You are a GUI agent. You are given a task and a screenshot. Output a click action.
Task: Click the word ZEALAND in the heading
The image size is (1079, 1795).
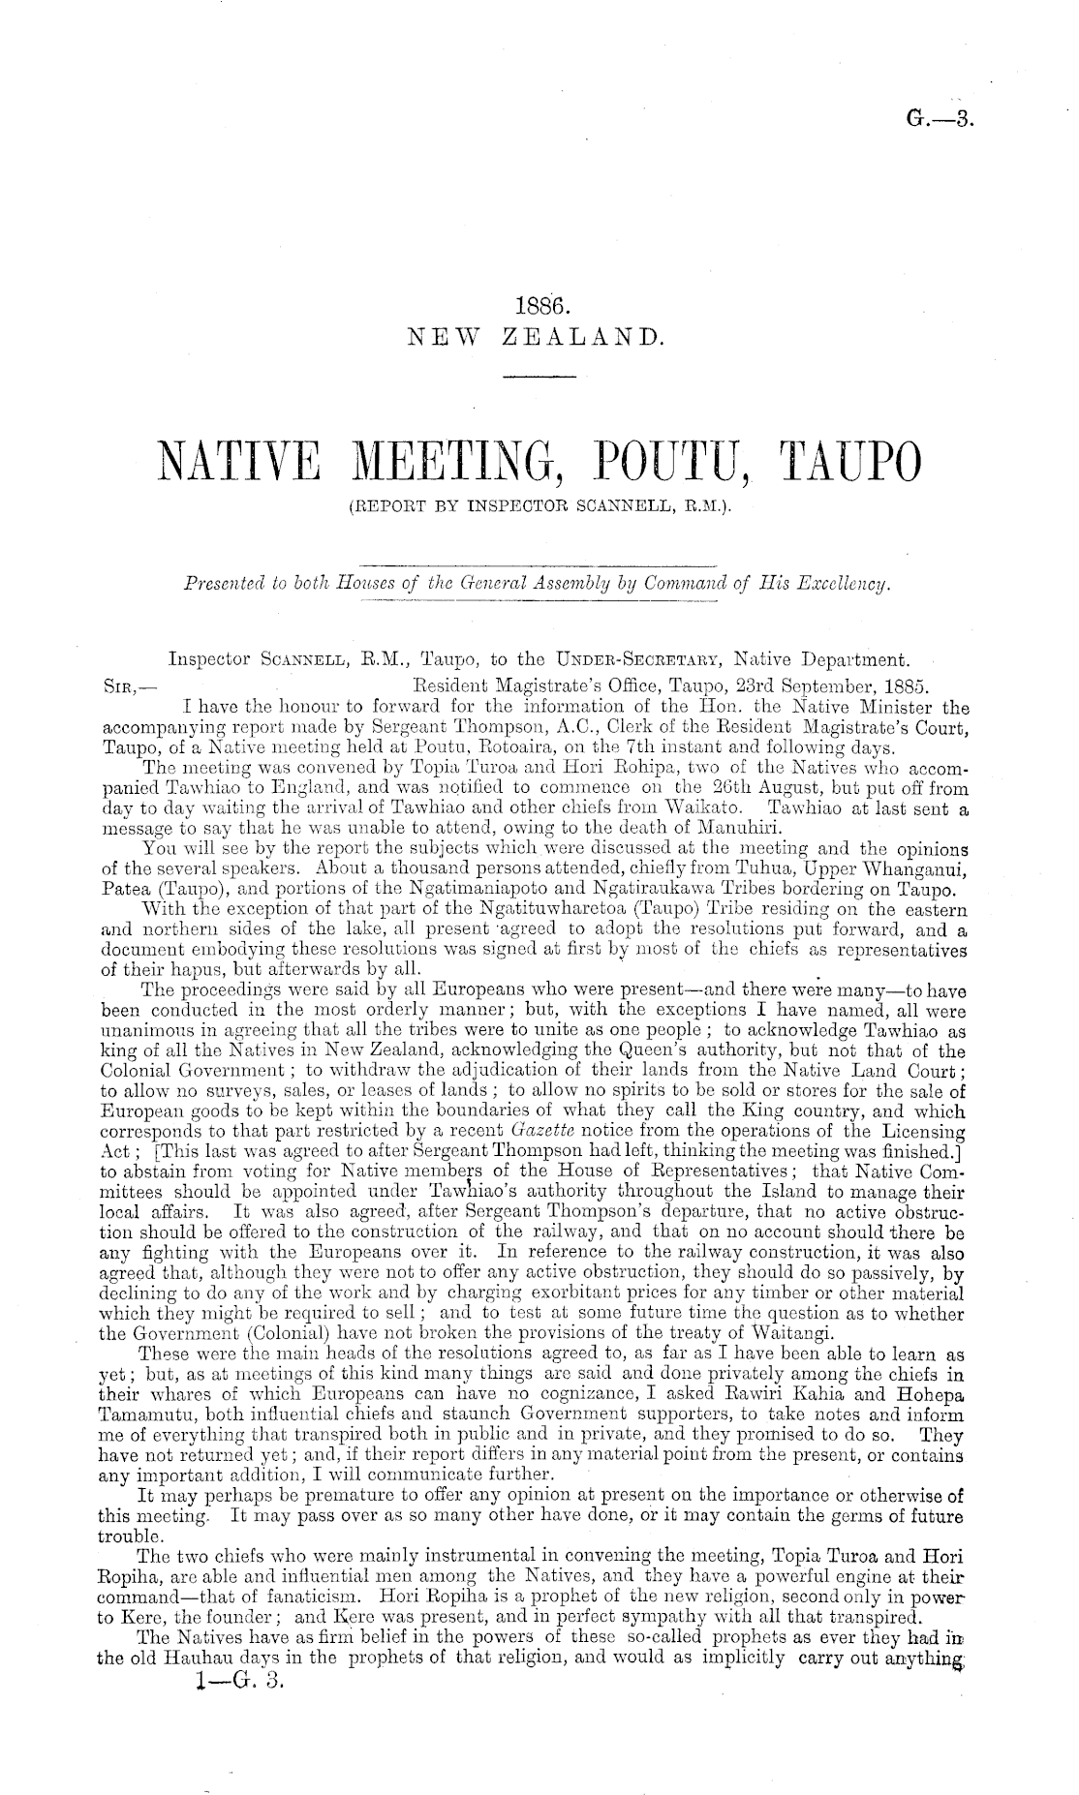pos(585,337)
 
